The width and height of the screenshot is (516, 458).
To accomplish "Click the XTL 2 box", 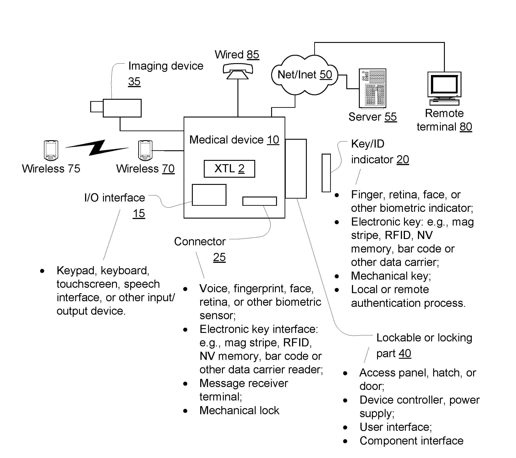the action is (x=229, y=169).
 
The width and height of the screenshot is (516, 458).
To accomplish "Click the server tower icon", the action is (x=372, y=89).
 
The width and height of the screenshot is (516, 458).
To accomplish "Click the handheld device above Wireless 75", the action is (x=51, y=150).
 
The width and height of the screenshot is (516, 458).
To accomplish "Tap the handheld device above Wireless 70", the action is (x=145, y=150).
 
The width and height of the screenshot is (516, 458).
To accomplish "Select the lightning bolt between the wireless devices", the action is (x=97, y=148).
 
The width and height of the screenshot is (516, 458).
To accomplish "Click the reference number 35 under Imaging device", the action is (x=134, y=82).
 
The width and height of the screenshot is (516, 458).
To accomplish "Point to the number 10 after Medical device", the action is (x=273, y=140).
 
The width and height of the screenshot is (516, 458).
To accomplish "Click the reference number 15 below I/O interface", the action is (x=139, y=213).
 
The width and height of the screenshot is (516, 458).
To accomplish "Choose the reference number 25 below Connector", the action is (x=219, y=257).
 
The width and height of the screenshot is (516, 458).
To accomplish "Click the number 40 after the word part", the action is (x=405, y=353).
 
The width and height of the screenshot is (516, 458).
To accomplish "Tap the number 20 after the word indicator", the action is (x=403, y=160).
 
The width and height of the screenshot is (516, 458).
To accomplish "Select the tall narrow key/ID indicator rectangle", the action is (x=326, y=173).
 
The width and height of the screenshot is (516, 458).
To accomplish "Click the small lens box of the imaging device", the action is (x=97, y=106).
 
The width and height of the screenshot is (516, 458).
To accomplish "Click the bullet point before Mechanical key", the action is (x=336, y=276).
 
